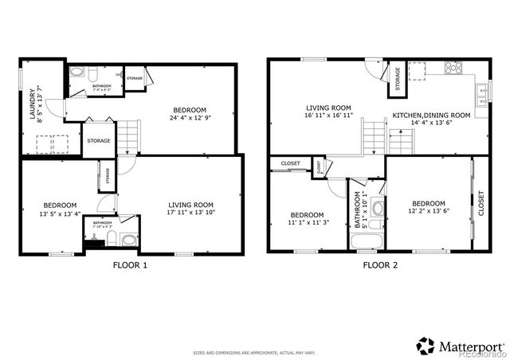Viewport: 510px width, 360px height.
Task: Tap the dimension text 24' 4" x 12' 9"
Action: [190, 118]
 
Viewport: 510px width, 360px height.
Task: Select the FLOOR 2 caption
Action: [379, 264]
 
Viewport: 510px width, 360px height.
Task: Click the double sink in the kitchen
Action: [482, 96]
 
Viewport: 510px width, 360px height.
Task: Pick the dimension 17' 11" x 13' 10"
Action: [190, 213]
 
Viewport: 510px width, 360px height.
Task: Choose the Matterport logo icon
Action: [426, 346]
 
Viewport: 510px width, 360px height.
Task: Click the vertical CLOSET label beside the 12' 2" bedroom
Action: [481, 204]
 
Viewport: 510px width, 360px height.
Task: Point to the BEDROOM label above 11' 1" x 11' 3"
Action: [307, 215]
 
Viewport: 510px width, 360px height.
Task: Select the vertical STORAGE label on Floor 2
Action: [396, 79]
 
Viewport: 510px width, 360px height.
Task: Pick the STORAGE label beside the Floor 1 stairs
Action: [99, 141]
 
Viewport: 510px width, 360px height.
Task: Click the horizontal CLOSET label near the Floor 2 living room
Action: [290, 165]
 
